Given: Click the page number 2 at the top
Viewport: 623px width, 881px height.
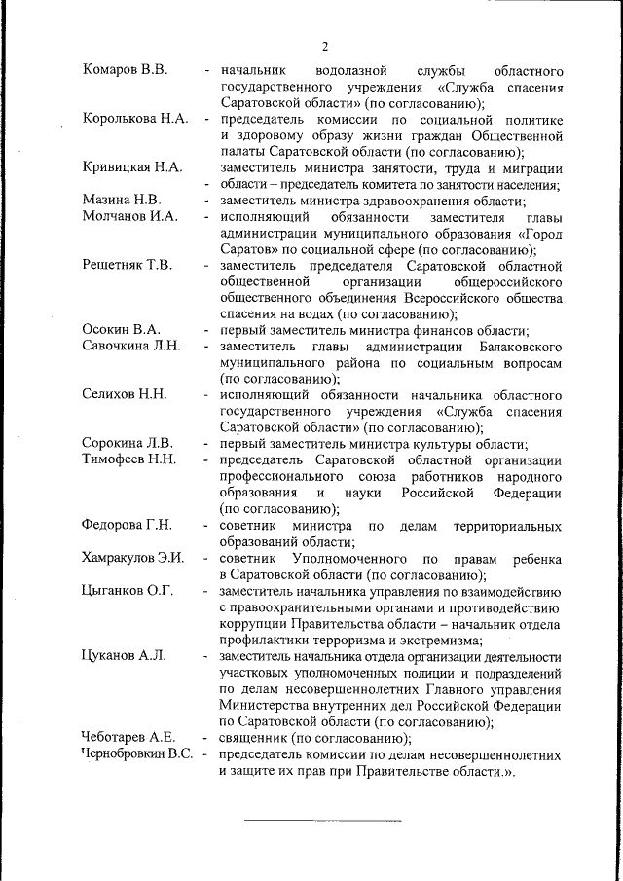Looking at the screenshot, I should [325, 44].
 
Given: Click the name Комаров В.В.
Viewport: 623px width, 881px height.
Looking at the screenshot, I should [126, 71].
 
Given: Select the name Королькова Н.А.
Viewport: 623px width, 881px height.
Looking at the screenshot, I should [134, 119].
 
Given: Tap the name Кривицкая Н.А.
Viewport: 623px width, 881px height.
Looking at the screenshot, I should [132, 167].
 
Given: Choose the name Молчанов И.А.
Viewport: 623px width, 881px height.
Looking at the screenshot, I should [129, 216].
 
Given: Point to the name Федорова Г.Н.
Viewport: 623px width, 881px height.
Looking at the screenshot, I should [128, 526].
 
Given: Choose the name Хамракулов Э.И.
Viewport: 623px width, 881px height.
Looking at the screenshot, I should [134, 558].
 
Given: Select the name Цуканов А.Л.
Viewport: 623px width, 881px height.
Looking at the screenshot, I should [125, 655].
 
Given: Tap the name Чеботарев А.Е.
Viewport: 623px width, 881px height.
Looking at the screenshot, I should [128, 737].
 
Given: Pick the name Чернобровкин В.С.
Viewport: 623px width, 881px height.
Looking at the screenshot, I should [139, 753].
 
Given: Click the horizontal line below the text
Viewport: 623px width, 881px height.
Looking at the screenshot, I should [321, 820].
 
